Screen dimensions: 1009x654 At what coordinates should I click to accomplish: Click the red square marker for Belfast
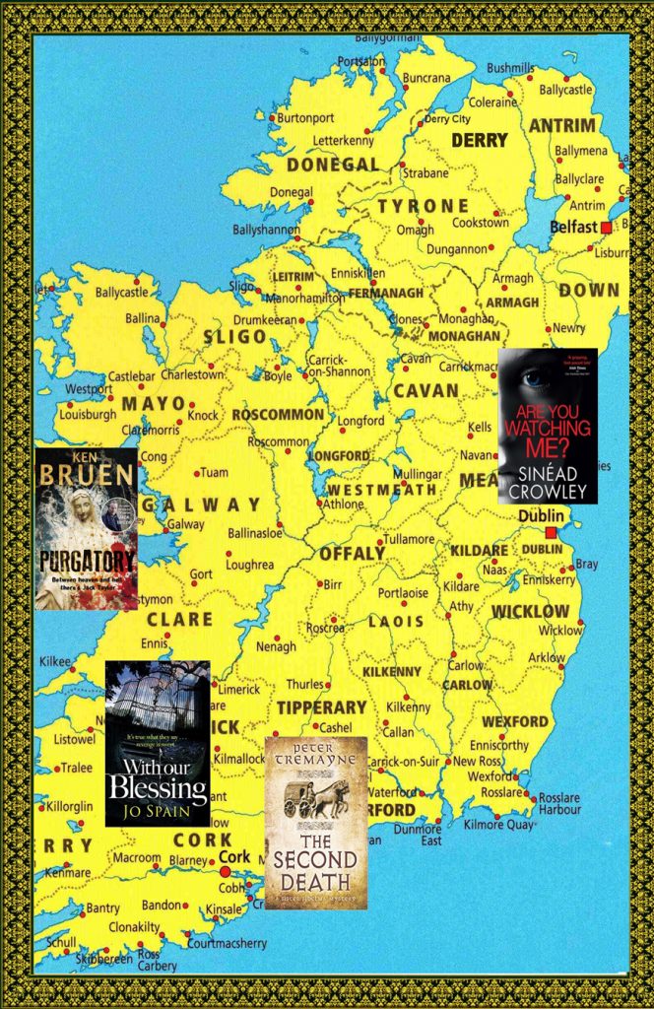coord(606,227)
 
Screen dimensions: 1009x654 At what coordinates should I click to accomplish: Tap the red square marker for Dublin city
coord(551,532)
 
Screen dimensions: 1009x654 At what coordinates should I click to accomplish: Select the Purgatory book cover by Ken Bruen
coord(86,529)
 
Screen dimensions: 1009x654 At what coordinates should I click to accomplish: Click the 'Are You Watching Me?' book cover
coord(548,426)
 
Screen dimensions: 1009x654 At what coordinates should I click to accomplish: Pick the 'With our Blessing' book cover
coord(158,743)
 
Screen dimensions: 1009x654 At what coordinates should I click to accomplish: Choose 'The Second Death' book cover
coord(315,823)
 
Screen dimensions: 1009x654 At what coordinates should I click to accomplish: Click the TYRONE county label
coord(424,206)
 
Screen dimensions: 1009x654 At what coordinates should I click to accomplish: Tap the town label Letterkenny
coord(344,141)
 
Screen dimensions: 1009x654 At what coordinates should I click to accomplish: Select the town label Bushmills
coord(510,68)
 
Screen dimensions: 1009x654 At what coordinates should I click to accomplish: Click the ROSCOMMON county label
coord(279,414)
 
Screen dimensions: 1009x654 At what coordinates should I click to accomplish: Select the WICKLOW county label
coord(530,612)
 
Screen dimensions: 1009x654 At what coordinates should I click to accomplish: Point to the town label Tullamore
coord(409,539)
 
